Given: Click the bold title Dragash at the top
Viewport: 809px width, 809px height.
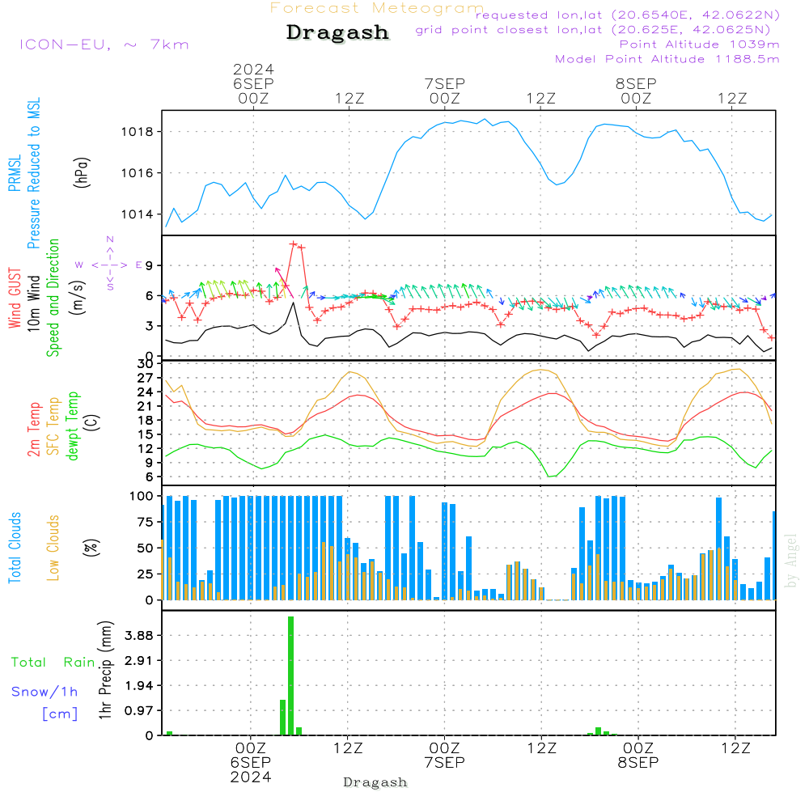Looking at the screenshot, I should click(337, 32).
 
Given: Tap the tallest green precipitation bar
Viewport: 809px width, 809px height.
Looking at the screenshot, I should click(290, 676).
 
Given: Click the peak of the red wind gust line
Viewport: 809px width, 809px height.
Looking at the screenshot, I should click(294, 244).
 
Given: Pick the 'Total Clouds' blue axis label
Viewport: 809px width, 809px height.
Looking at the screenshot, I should click(15, 548).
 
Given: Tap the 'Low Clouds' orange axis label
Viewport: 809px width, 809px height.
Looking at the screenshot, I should click(53, 548).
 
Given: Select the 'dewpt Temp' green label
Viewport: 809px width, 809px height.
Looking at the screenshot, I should click(73, 426).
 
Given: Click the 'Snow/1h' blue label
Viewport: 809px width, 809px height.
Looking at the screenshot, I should click(45, 692).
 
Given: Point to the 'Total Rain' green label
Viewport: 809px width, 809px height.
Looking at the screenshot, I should click(53, 662).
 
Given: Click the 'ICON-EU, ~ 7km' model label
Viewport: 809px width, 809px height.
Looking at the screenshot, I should click(104, 44).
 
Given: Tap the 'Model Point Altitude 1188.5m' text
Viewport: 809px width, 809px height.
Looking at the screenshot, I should click(667, 59).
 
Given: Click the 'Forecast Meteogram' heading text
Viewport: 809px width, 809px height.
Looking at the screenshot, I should click(377, 8).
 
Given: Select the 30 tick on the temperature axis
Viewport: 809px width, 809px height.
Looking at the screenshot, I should click(146, 364).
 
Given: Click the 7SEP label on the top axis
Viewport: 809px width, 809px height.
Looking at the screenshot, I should click(444, 83).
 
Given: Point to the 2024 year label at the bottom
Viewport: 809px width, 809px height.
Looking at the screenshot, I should click(250, 777).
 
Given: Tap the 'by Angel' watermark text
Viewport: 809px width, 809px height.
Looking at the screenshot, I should click(790, 561).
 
